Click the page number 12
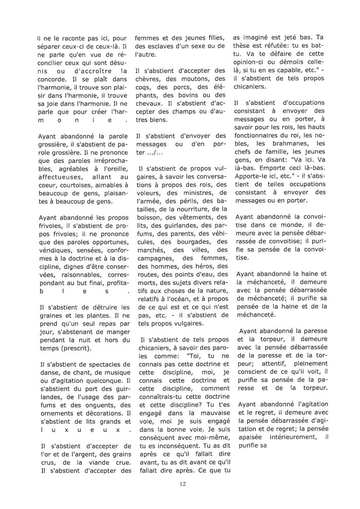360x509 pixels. point(182,483)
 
